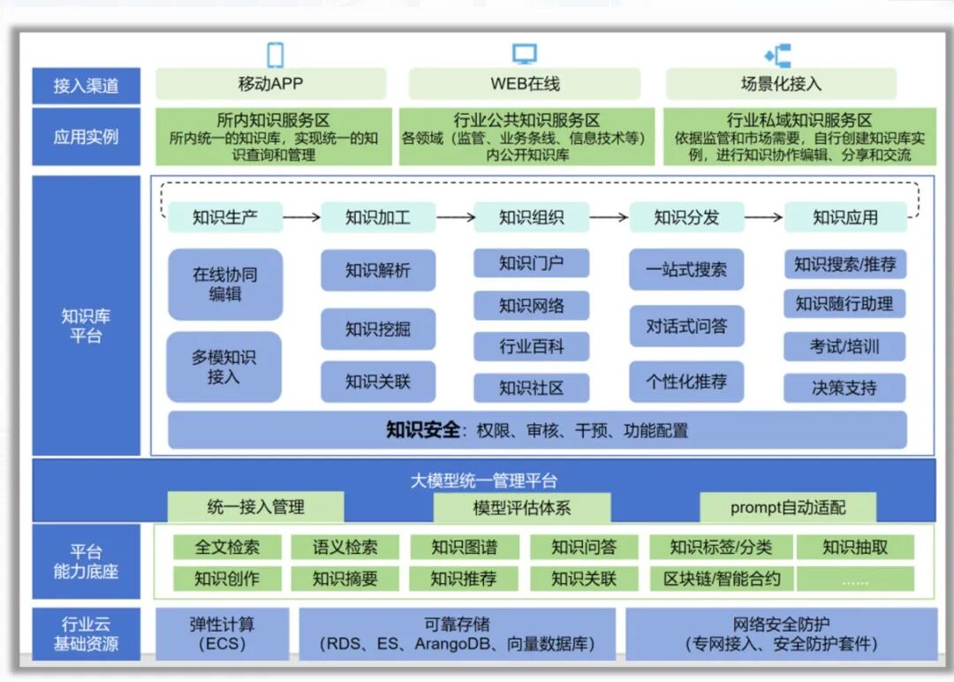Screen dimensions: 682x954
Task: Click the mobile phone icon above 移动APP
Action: (276, 55)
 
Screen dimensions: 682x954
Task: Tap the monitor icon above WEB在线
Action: (524, 55)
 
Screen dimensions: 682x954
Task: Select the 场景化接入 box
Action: (781, 85)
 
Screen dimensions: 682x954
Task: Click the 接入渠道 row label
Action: (86, 86)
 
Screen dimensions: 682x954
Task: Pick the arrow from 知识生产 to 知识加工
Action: (301, 216)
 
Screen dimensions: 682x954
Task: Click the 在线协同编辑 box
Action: (225, 284)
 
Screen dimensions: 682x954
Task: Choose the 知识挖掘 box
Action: (378, 330)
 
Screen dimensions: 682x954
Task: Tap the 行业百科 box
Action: (531, 346)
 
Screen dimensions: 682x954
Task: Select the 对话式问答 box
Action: (686, 327)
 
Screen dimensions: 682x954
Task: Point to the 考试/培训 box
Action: (844, 346)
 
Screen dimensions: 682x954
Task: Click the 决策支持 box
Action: (844, 387)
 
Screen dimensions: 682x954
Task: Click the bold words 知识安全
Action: (423, 430)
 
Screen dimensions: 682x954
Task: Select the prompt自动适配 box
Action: (788, 507)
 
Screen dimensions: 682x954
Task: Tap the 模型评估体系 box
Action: (521, 507)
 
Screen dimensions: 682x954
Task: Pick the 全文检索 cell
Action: (227, 548)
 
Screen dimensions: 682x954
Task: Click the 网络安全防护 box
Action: (782, 633)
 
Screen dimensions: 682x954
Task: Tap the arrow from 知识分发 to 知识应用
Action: (765, 216)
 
